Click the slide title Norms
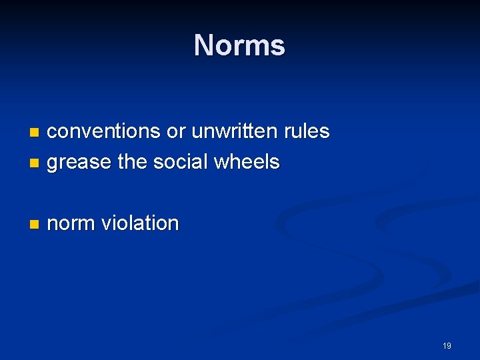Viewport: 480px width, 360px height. [x=239, y=45]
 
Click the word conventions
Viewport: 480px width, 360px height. [x=103, y=131]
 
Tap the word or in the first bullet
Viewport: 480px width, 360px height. [x=175, y=131]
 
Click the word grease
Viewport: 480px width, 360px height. [x=79, y=162]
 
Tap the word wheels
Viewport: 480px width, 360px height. [x=247, y=161]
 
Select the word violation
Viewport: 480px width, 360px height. [x=140, y=223]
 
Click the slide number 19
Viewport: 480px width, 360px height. [x=447, y=345]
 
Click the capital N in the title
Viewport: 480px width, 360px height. [x=203, y=45]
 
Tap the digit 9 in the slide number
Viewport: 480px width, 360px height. [x=449, y=345]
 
